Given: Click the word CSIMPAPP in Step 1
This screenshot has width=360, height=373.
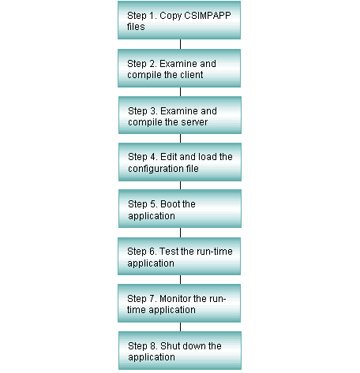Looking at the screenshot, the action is click(208, 16).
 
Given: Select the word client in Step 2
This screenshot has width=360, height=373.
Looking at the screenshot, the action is click(191, 75).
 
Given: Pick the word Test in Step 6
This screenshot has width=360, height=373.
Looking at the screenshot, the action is click(169, 252).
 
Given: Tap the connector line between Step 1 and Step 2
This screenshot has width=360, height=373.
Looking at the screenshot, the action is click(180, 44).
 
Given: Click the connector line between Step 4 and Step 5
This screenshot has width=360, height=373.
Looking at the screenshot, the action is click(180, 185).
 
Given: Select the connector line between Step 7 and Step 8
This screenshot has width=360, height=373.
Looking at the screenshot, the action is click(180, 326).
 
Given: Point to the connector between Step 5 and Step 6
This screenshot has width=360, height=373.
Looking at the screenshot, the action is click(180, 233).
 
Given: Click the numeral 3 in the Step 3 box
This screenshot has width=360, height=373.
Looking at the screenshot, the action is click(154, 111).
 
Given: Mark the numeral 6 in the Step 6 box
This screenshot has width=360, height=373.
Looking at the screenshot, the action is click(153, 252).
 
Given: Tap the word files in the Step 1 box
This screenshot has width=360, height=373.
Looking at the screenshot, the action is click(136, 27).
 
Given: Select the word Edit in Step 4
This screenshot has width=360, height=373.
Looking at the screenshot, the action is click(169, 157).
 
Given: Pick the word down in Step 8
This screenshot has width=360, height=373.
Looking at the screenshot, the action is click(191, 346).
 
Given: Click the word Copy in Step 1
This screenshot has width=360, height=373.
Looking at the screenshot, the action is click(171, 16).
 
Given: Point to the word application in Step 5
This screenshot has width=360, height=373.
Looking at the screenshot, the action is click(152, 216).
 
